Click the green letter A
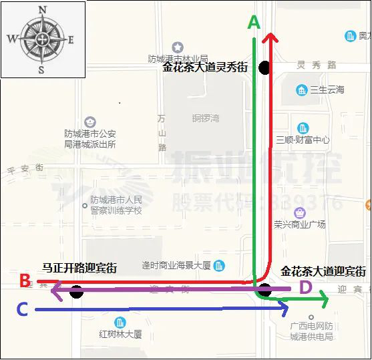(254, 22)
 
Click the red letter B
(25, 281)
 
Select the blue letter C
(22, 309)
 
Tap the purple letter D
(305, 288)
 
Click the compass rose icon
(41, 39)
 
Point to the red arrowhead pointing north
(269, 38)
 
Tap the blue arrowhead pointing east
(284, 309)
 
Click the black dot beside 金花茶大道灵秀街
(265, 67)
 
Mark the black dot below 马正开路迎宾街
(76, 291)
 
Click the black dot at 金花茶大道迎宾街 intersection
(265, 290)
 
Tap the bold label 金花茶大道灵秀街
(205, 67)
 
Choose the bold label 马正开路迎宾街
(79, 268)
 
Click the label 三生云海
(327, 90)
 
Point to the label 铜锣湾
(206, 118)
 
